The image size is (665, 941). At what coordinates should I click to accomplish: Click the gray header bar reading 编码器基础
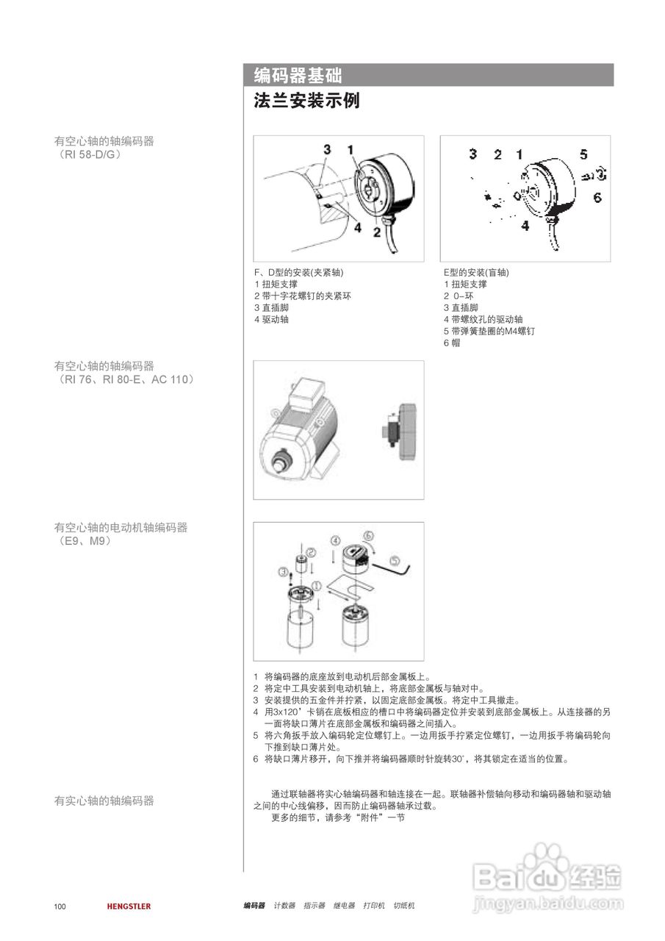[x=428, y=75]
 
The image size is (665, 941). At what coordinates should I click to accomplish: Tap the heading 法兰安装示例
[x=306, y=101]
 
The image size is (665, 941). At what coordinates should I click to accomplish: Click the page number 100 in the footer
[x=60, y=906]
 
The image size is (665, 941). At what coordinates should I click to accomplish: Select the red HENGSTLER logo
[x=129, y=906]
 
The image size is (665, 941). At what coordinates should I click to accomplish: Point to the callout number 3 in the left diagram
[x=327, y=149]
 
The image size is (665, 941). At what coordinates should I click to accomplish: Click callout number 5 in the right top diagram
[x=583, y=154]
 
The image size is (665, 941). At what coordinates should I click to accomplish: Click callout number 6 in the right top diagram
[x=597, y=197]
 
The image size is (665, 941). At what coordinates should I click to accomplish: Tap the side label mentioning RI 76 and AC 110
[x=124, y=379]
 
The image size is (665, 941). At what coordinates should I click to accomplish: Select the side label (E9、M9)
[x=84, y=541]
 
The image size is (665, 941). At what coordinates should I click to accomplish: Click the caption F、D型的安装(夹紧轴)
[x=299, y=273]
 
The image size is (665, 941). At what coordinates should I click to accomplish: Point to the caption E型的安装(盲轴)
[x=475, y=273]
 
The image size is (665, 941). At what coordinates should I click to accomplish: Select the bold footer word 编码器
[x=254, y=906]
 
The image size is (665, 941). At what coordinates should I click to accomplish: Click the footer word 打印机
[x=374, y=906]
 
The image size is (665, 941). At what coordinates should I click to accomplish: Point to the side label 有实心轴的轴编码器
[x=104, y=801]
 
